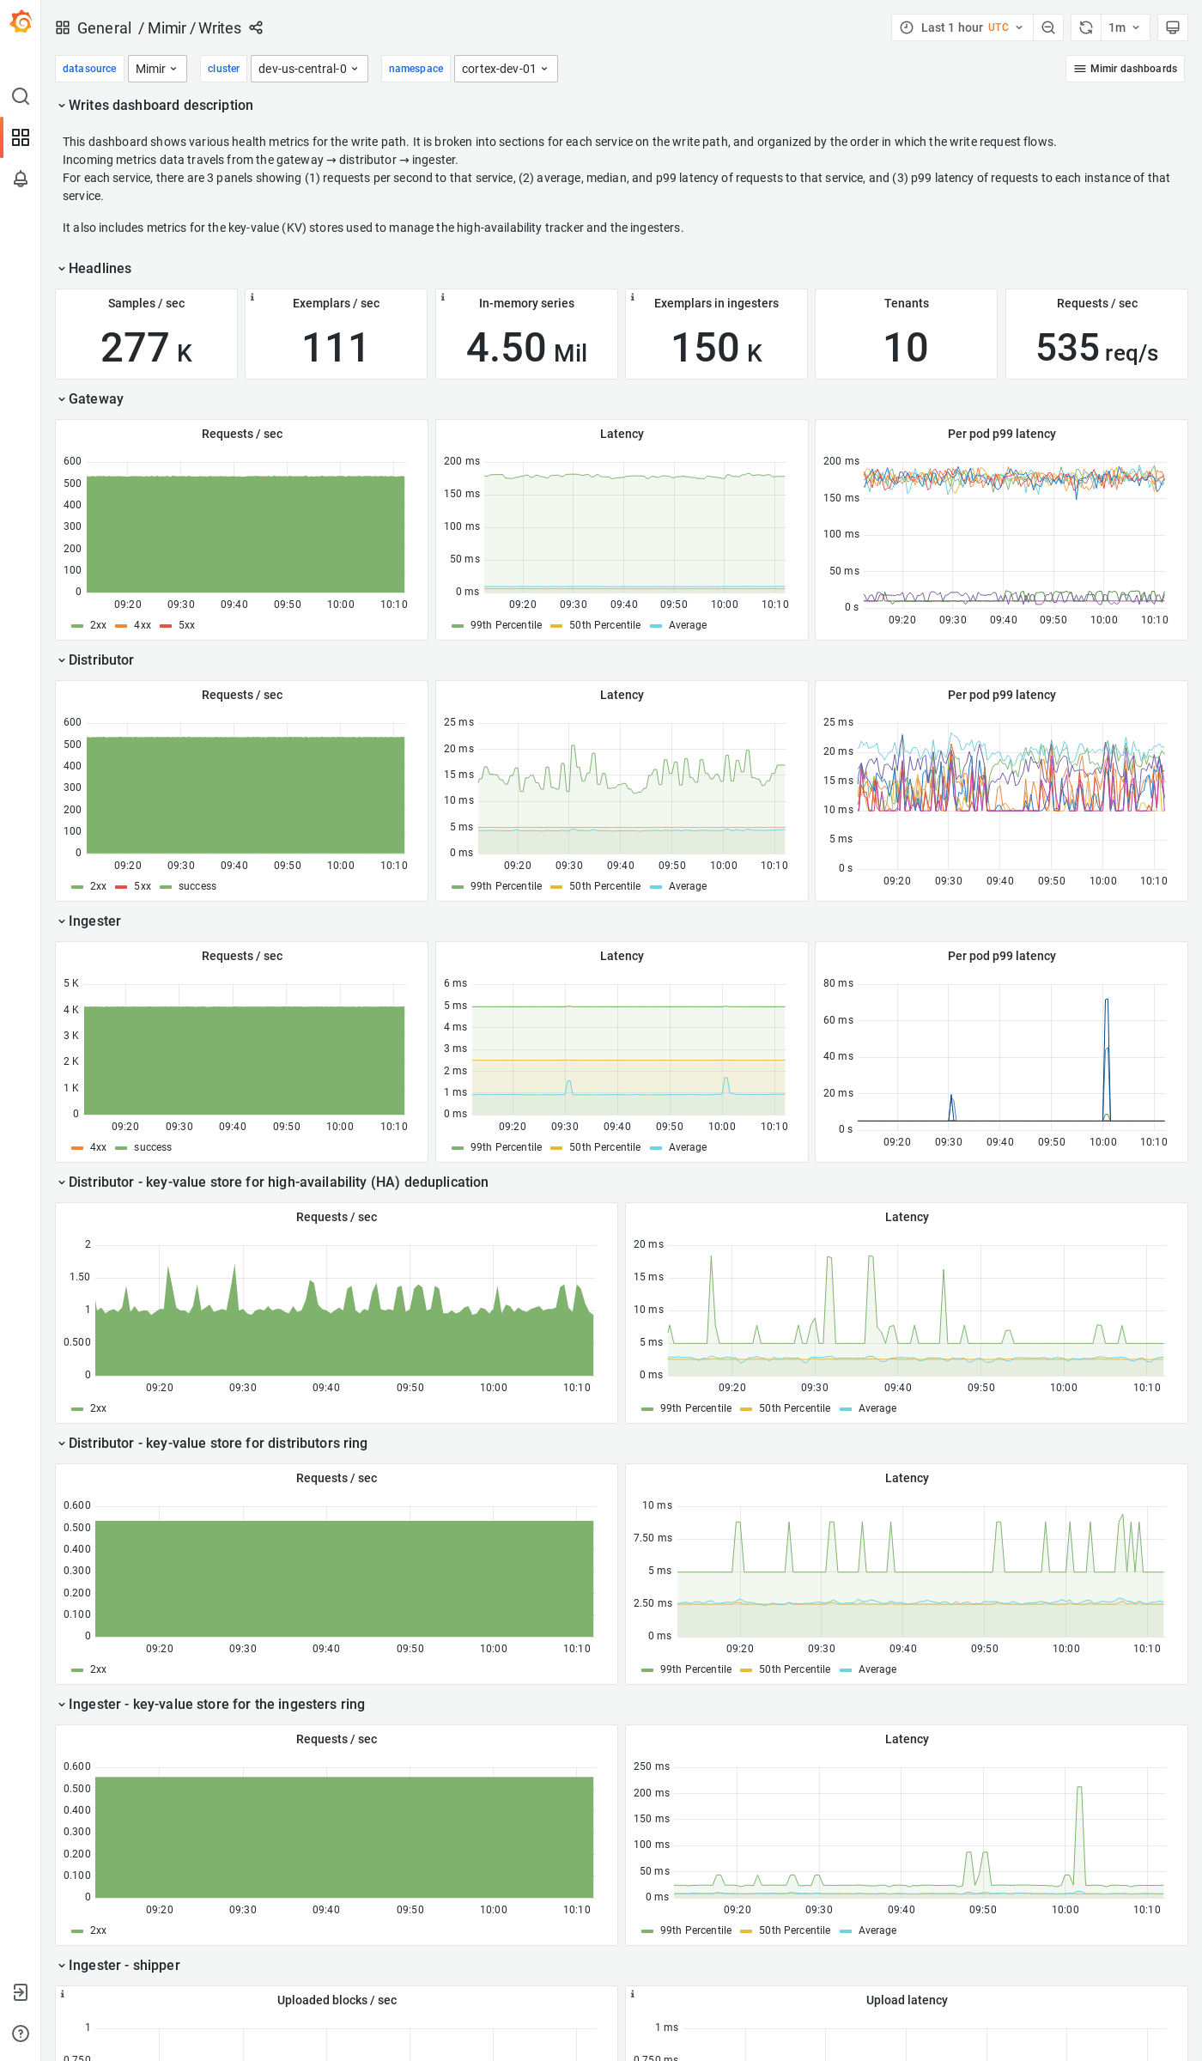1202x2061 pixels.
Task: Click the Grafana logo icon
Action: (x=21, y=22)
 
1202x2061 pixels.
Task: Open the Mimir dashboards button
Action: (x=1125, y=69)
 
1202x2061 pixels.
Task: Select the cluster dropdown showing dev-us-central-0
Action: (x=308, y=69)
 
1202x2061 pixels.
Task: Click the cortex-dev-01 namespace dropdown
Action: (x=505, y=69)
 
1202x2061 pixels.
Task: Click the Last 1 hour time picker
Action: (x=962, y=27)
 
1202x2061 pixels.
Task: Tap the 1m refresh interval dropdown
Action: (x=1123, y=27)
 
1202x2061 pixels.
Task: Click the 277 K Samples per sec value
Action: (x=146, y=348)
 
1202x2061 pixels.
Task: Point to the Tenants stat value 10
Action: (x=906, y=348)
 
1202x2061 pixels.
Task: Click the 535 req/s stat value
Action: (x=1096, y=348)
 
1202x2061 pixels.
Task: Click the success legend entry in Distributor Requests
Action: (x=197, y=886)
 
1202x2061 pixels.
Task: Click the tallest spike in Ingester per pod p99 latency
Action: (x=1107, y=1001)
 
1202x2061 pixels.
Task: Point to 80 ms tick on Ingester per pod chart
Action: (x=838, y=983)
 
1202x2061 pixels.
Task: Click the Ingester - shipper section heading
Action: (x=124, y=1965)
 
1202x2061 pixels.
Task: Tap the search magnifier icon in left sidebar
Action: (x=21, y=96)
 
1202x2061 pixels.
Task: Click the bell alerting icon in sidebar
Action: (x=21, y=179)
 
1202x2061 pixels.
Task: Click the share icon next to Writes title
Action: (x=256, y=27)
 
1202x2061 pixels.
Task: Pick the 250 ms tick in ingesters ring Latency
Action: (x=651, y=1766)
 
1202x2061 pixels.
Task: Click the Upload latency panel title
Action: (x=906, y=2000)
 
